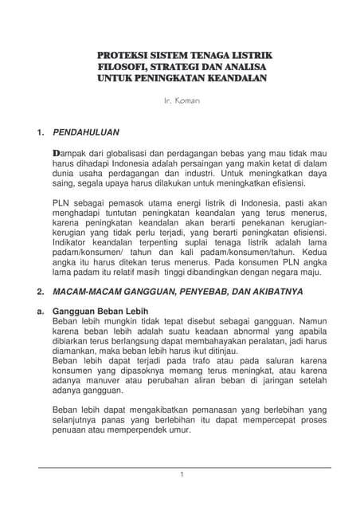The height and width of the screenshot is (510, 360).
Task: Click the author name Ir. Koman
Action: (181, 102)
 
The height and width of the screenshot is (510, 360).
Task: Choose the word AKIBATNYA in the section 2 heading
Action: (276, 292)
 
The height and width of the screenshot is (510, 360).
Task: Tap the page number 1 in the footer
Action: (182, 475)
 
